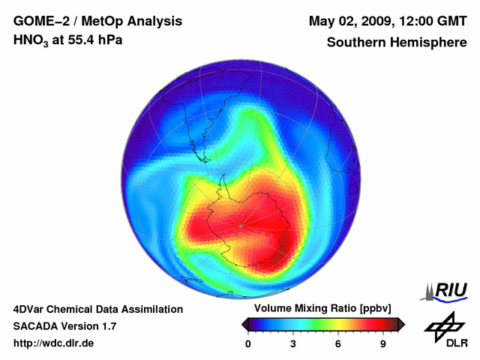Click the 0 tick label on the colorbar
tap(248, 344)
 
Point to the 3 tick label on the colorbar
tap(293, 344)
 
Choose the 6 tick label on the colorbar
tap(338, 344)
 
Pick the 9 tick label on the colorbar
tap(382, 344)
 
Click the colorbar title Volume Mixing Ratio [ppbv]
tap(320, 309)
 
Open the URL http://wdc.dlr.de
tap(54, 343)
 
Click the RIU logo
tap(448, 289)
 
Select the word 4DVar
tap(31, 309)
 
